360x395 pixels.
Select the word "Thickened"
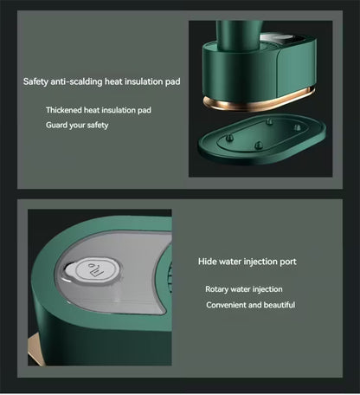point(64,110)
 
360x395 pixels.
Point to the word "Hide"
point(207,262)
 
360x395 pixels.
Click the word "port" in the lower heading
point(288,262)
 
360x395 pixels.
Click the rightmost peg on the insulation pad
point(297,127)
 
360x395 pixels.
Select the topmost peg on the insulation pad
point(269,121)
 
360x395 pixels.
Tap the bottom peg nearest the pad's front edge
point(259,146)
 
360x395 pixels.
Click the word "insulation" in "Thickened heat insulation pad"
point(119,110)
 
